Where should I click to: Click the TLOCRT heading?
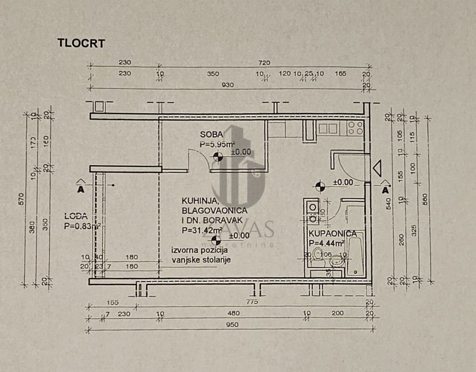click(x=81, y=44)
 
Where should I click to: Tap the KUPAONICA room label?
click(x=333, y=233)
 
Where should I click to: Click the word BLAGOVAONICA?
click(x=214, y=210)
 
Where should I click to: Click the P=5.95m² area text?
click(x=217, y=144)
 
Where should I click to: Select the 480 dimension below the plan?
click(x=232, y=314)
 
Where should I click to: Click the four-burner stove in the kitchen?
click(x=355, y=128)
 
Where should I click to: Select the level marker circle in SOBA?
click(x=218, y=157)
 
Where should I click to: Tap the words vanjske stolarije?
click(x=202, y=261)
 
